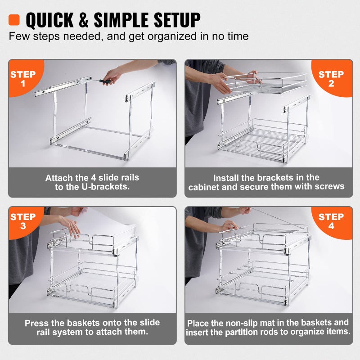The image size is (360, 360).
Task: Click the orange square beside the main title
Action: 14,20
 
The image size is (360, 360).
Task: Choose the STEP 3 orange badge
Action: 22,221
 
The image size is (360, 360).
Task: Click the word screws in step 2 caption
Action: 330,186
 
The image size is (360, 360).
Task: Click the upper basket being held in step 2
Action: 265,83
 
